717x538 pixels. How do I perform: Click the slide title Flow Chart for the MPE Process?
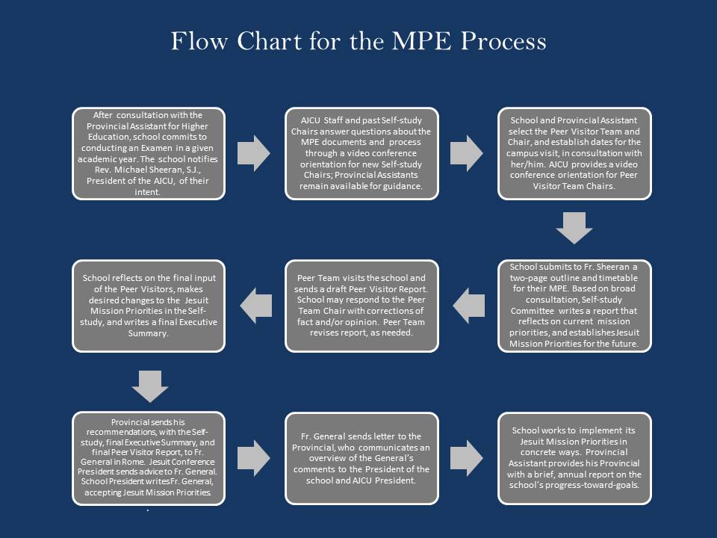click(358, 40)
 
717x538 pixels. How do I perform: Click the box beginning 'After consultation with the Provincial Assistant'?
click(148, 153)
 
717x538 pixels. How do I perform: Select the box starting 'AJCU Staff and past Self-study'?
click(361, 153)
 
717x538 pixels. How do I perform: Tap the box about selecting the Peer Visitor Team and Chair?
click(574, 153)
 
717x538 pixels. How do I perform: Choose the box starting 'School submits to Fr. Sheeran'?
click(574, 306)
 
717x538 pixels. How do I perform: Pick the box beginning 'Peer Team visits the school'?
click(361, 306)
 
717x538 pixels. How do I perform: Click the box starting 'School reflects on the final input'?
click(148, 306)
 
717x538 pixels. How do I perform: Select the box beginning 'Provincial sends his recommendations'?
click(148, 458)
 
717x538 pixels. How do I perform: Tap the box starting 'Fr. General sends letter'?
click(361, 458)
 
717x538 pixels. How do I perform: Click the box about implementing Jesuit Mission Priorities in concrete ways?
click(574, 458)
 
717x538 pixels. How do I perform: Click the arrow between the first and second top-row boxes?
click(254, 153)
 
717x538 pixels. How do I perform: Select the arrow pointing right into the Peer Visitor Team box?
click(467, 153)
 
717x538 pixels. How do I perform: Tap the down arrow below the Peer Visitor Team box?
click(574, 227)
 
